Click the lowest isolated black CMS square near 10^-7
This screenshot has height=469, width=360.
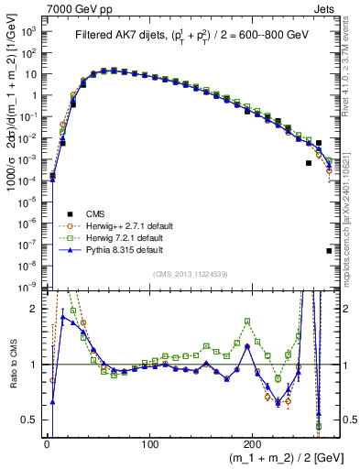tap(329, 250)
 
